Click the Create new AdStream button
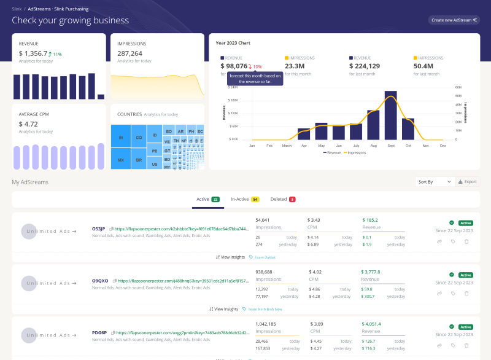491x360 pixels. [454, 20]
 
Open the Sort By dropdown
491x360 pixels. [435, 182]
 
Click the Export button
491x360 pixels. [468, 182]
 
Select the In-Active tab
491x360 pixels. [244, 199]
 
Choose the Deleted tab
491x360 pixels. [283, 199]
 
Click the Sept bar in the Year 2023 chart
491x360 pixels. [390, 115]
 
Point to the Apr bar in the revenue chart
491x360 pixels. [304, 133]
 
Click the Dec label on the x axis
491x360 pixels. [443, 146]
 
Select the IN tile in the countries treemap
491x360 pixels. [121, 137]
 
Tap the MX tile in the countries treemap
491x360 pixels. [121, 159]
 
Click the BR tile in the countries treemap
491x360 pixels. [139, 159]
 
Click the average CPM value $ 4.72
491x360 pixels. [28, 123]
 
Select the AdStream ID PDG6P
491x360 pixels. [99, 332]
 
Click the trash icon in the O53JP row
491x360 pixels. [466, 242]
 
